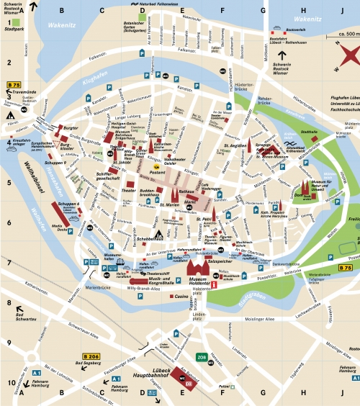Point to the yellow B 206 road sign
(x=91, y=357)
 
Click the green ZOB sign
(x=202, y=356)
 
